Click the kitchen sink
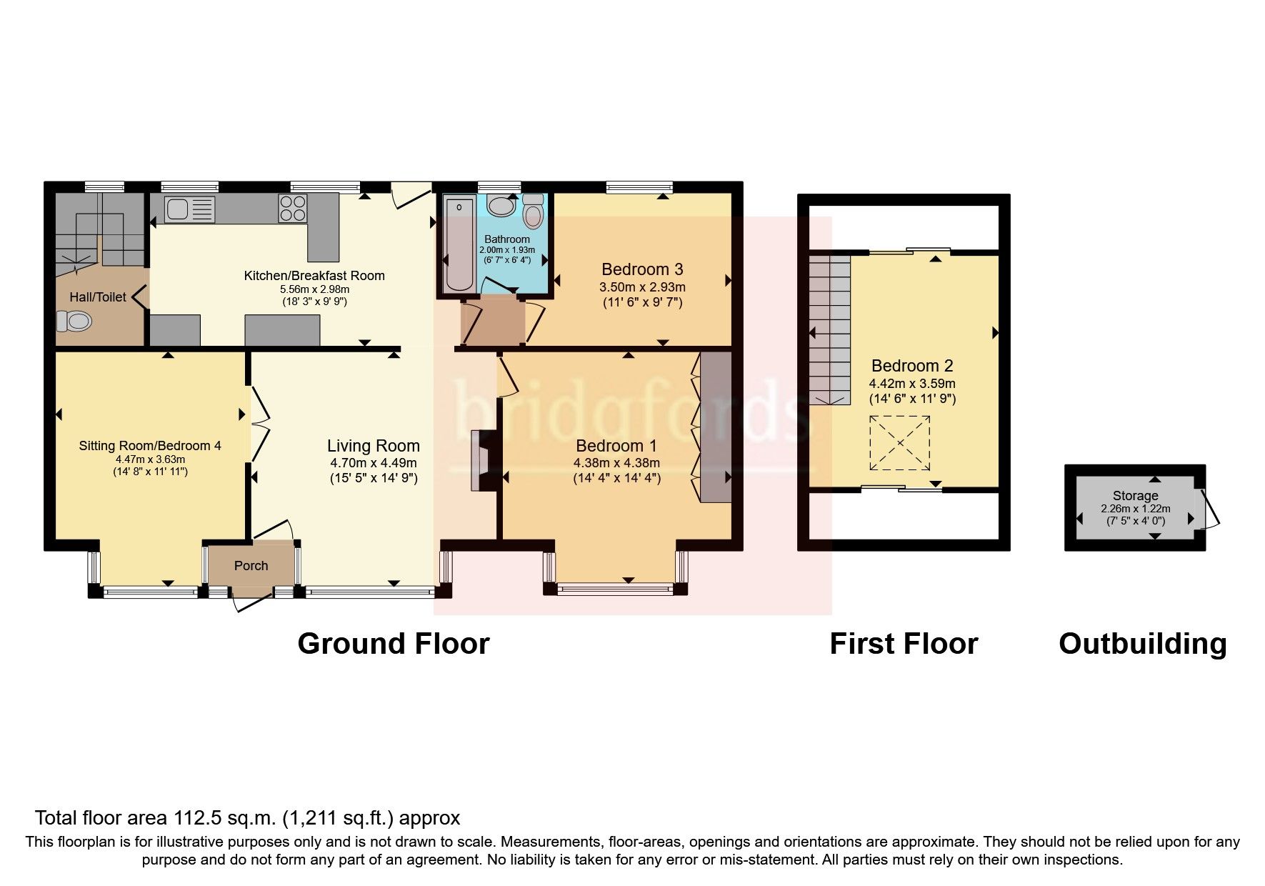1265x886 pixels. tap(190, 209)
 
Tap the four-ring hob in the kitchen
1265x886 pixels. tap(293, 208)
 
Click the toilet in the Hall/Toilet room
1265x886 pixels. tap(74, 322)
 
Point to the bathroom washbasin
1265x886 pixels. tap(500, 205)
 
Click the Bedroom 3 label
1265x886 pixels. tap(642, 269)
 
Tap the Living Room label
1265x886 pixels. tap(374, 446)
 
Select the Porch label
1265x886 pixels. tap(251, 566)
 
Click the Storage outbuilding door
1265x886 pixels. tap(1209, 508)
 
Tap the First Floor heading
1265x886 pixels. tap(904, 644)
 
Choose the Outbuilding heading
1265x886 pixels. tap(1143, 644)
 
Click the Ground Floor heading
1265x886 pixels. tap(394, 644)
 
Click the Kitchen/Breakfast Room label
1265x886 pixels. tap(314, 276)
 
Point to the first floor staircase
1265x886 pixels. tap(831, 329)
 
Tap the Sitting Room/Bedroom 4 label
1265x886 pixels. tap(150, 446)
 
